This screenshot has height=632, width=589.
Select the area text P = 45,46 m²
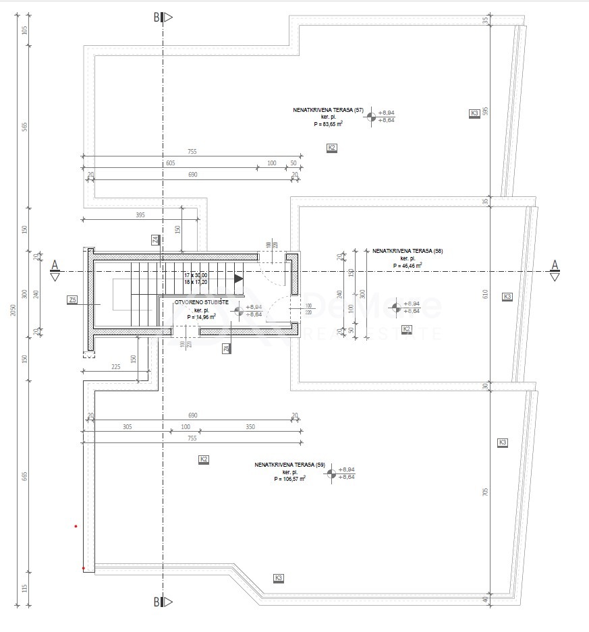click(x=407, y=266)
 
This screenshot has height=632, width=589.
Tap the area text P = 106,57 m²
click(x=289, y=479)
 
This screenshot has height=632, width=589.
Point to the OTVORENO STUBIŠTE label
click(x=201, y=302)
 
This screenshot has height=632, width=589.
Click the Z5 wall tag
click(x=73, y=299)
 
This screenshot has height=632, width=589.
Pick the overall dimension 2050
click(x=13, y=310)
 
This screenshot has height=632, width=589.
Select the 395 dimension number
click(x=140, y=214)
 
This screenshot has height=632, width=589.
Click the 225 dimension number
click(x=115, y=367)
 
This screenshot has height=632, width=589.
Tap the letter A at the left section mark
click(x=55, y=264)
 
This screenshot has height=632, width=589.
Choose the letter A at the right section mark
click(x=555, y=264)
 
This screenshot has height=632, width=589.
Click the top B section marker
click(x=157, y=18)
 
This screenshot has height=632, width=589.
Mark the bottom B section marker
click(x=157, y=602)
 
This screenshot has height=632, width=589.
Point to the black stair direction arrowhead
click(x=238, y=278)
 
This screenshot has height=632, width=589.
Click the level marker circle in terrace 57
click(x=370, y=117)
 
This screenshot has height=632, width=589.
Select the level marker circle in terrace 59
click(x=331, y=473)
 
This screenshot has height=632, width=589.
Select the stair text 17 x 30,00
click(x=196, y=275)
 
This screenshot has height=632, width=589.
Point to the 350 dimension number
click(x=250, y=427)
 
